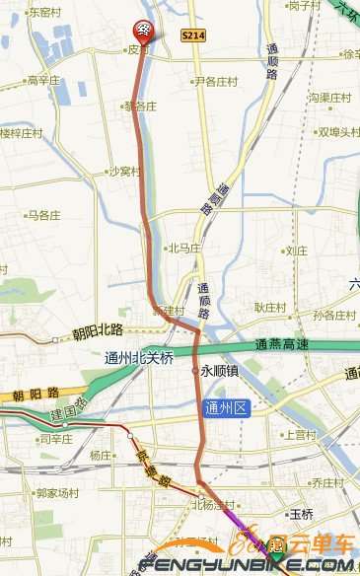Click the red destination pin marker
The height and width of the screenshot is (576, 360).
[x=143, y=31]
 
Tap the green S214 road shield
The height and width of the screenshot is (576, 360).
[x=192, y=35]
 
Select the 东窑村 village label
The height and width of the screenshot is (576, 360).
[x=45, y=13]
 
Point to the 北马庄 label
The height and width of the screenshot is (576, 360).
[x=184, y=249]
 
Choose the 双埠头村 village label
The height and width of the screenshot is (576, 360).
[x=335, y=131]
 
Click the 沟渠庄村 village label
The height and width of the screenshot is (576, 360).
[x=330, y=98]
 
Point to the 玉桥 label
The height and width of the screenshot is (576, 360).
[x=300, y=514]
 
